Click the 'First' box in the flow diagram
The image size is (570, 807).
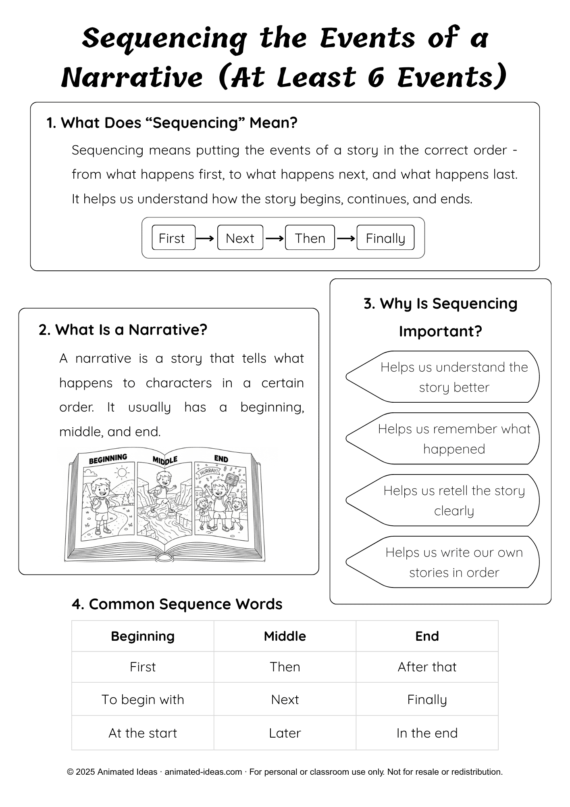[x=173, y=238]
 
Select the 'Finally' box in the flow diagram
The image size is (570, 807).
[x=385, y=238]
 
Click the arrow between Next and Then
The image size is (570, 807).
[x=275, y=238]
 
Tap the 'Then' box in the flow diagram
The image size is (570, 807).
[x=310, y=238]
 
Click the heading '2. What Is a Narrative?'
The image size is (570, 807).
[x=123, y=330]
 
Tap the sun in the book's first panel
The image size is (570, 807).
[x=121, y=472]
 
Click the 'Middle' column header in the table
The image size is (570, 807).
[x=285, y=636]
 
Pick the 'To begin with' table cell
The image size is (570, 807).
[x=143, y=700]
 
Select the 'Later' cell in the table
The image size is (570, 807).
[x=285, y=733]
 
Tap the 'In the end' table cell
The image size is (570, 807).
[x=427, y=733]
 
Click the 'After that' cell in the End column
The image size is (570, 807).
[x=427, y=667]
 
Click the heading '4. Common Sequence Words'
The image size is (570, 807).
[x=177, y=604]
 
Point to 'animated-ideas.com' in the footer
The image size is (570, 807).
[x=203, y=772]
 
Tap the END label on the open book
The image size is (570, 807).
[x=221, y=459]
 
